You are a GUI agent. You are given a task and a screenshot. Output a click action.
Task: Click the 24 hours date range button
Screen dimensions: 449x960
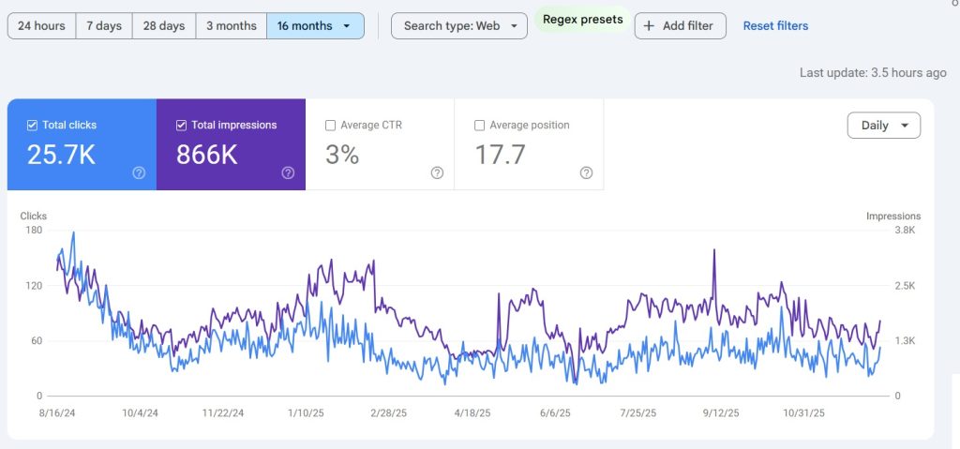[x=41, y=26]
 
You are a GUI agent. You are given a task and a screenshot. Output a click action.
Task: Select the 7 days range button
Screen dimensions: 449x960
[x=104, y=26]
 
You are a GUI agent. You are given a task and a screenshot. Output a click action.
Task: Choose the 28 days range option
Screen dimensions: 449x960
[x=164, y=26]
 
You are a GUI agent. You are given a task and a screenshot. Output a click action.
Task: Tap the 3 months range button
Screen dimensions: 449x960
[x=232, y=26]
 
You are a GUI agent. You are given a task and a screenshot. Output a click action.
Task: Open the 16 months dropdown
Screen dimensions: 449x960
[x=315, y=26]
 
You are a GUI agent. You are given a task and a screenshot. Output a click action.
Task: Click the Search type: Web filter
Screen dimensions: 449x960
[x=459, y=26]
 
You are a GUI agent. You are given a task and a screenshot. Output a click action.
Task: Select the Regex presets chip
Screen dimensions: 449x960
[x=582, y=20]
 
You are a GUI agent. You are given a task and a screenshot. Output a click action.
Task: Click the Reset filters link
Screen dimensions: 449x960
[x=775, y=26]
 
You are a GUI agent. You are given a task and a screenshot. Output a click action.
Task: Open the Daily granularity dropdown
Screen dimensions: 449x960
[x=883, y=126]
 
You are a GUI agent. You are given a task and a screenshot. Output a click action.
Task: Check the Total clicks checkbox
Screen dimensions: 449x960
[x=33, y=125]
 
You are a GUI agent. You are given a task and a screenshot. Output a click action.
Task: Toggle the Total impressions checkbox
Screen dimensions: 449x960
[x=182, y=125]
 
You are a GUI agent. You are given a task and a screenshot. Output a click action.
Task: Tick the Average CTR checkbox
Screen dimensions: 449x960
[x=330, y=125]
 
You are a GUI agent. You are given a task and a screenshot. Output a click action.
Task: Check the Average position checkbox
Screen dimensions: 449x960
[x=480, y=125]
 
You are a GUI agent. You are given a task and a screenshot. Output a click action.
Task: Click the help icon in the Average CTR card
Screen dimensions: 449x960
[x=437, y=172]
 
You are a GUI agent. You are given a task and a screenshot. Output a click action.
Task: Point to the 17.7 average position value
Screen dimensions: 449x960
[x=500, y=155]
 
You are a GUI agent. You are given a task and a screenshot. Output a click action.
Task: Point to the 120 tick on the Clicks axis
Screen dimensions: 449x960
[x=33, y=285]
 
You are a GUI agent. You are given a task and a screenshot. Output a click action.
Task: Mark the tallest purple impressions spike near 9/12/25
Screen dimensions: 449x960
[x=714, y=250]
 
